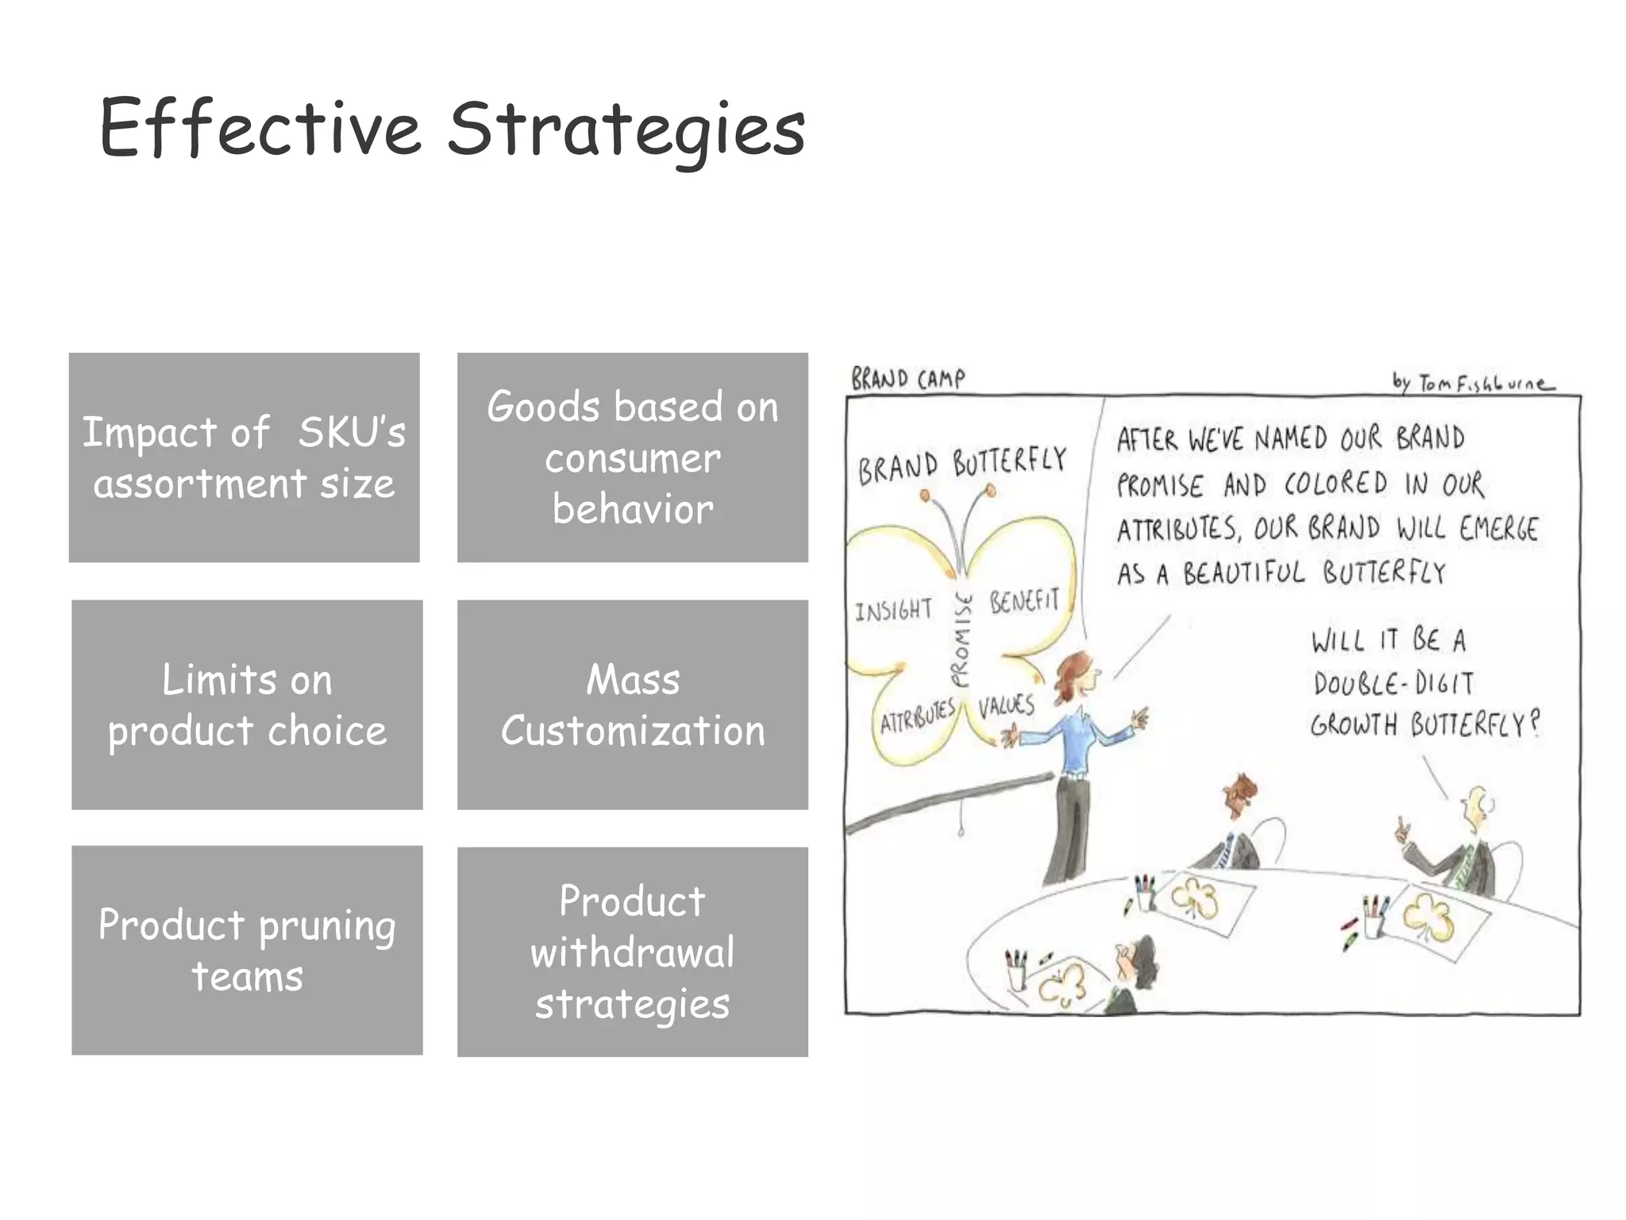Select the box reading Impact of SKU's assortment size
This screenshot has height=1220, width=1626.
(x=244, y=457)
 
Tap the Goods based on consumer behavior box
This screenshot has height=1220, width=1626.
(x=632, y=457)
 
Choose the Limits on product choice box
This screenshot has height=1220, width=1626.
(x=246, y=705)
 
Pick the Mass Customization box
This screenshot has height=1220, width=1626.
(x=632, y=705)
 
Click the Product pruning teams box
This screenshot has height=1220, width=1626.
(x=246, y=950)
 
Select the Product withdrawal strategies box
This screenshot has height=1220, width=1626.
(x=632, y=952)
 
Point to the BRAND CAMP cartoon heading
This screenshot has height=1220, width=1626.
(x=907, y=379)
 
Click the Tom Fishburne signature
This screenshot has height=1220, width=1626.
(x=1473, y=384)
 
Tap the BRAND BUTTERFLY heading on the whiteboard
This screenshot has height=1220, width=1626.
(x=961, y=464)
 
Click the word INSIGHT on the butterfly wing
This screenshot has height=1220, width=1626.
(x=893, y=610)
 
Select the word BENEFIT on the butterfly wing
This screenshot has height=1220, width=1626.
(x=1024, y=601)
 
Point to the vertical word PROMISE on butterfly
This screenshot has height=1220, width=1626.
(x=961, y=640)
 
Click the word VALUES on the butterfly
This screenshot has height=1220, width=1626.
(x=1006, y=706)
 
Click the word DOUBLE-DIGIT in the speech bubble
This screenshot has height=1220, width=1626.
(x=1393, y=684)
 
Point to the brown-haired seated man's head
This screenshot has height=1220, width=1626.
(x=1240, y=793)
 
